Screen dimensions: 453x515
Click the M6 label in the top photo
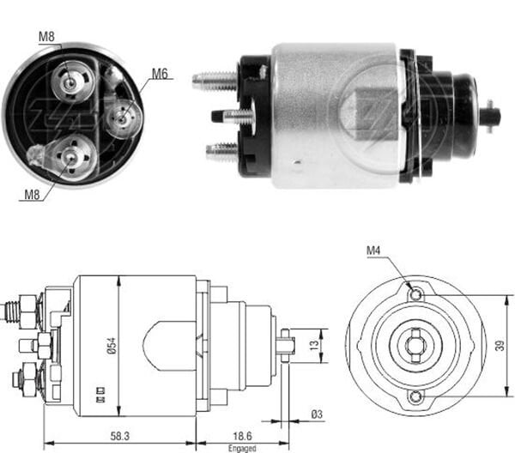160,74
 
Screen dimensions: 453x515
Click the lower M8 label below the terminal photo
31,194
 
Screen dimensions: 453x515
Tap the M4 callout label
373,251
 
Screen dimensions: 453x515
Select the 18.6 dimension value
241,436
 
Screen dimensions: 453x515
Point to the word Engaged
241,447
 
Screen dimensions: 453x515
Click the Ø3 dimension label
317,414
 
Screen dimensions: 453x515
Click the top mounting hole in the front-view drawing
415,295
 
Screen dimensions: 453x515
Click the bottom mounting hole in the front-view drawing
415,396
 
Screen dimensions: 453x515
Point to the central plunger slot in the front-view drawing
415,346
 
